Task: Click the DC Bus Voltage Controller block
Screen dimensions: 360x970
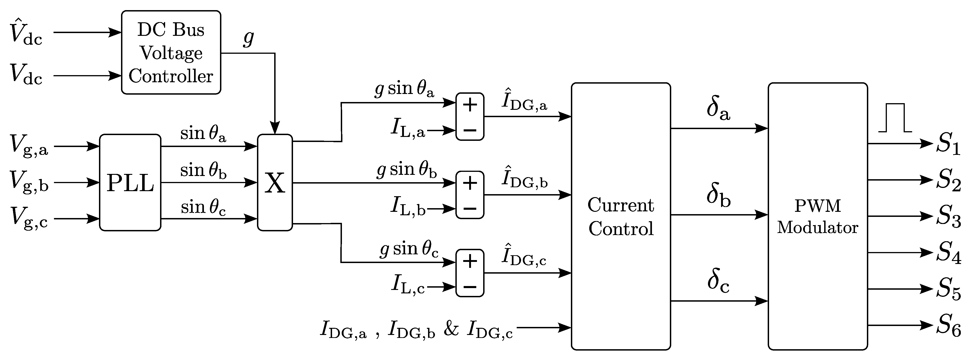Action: point(171,52)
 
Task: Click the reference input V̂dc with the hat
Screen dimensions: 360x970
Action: point(26,33)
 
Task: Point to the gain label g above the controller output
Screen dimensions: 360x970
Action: point(248,38)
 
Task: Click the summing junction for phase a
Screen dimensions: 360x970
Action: point(470,117)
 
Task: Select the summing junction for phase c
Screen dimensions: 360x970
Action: point(470,273)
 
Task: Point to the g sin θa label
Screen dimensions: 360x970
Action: point(404,90)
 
